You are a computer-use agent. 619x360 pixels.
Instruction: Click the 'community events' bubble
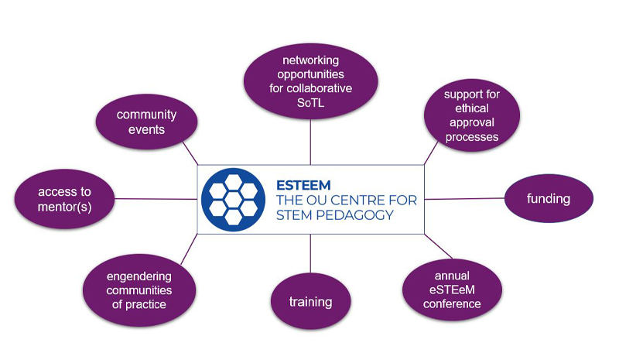click(146, 122)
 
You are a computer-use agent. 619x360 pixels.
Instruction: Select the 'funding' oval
click(549, 199)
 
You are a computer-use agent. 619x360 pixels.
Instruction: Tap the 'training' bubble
click(310, 301)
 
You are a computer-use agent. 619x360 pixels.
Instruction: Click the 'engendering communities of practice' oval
click(139, 290)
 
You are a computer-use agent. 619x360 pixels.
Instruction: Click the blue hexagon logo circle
click(233, 200)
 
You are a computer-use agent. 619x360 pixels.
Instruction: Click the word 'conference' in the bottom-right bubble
click(453, 303)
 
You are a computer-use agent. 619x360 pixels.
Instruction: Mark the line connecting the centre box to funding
click(464, 199)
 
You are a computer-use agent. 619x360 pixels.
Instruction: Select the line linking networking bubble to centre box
click(310, 143)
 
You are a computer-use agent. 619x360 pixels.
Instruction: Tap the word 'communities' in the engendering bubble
click(139, 290)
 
